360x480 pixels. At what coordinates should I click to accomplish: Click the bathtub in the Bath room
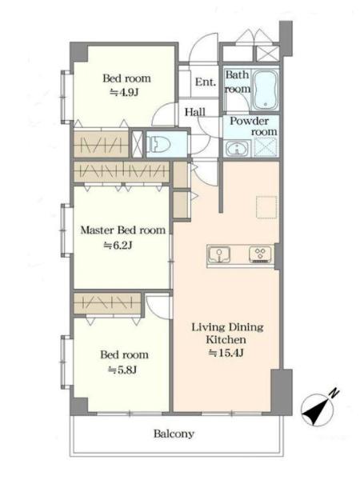tap(266, 90)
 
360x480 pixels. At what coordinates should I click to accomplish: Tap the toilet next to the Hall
tap(159, 144)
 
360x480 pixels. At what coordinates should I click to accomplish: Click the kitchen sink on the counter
tap(219, 254)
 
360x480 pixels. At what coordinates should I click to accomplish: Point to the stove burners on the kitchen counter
tap(261, 254)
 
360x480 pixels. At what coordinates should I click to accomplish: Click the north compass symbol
tap(317, 410)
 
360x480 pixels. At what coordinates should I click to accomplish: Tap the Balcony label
tap(174, 434)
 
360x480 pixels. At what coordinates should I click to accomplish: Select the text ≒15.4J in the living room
tap(226, 353)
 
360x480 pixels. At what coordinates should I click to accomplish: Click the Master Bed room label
tap(122, 230)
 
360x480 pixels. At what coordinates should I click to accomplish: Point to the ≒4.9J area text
tap(125, 92)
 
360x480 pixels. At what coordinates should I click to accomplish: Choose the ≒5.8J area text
tap(122, 370)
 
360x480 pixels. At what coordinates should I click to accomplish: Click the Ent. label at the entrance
tap(206, 82)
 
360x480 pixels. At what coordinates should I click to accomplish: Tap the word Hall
tap(195, 112)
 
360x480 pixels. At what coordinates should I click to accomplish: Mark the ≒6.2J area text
tap(118, 246)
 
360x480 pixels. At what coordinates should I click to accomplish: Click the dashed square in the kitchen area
tap(266, 207)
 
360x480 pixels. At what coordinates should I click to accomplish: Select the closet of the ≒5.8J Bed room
tap(107, 303)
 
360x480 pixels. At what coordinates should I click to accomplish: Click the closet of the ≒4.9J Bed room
tap(102, 143)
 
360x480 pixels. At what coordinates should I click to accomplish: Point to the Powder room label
tap(254, 126)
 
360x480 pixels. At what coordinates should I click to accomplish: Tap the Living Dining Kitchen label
tap(227, 333)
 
